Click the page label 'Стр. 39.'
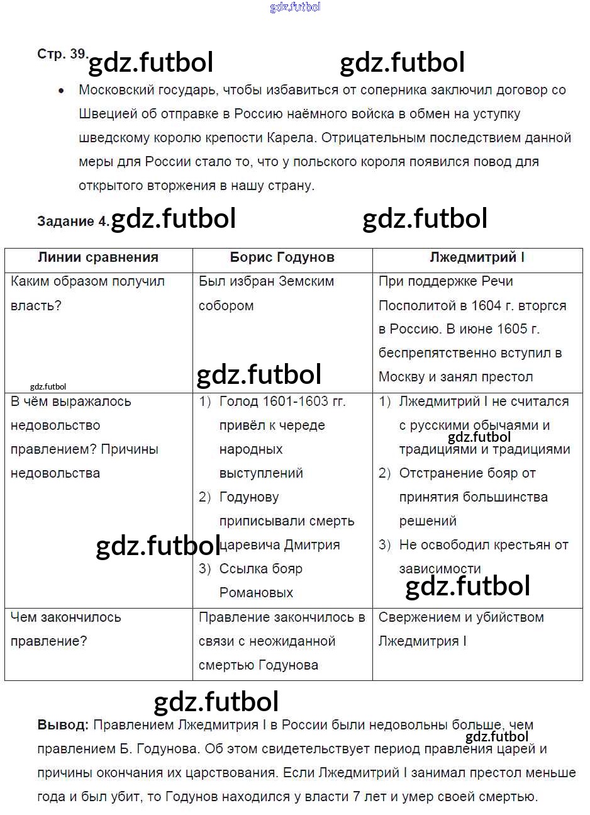click(62, 54)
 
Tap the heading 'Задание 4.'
click(73, 221)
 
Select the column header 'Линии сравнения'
click(98, 257)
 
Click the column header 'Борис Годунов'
click(282, 257)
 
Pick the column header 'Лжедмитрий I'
click(477, 257)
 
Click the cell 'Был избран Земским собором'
click(266, 293)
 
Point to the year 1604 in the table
click(486, 305)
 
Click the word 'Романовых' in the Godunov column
click(256, 593)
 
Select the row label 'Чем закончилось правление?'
click(65, 629)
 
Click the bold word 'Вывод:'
click(63, 725)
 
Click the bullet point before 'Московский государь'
click(61, 91)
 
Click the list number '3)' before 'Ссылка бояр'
click(204, 569)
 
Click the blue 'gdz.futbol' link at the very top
click(295, 7)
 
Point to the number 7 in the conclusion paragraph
click(357, 797)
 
